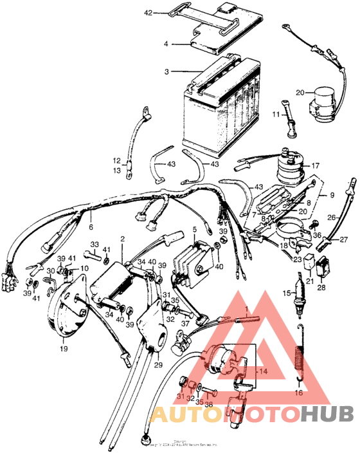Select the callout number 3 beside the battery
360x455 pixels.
[x=166, y=71]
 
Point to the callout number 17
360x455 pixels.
[x=315, y=165]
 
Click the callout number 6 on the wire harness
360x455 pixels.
[x=91, y=227]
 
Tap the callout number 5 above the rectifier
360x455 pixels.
[x=194, y=228]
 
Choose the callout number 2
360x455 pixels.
[x=122, y=239]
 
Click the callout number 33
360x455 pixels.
[x=94, y=244]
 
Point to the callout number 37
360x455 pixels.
[x=186, y=324]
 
